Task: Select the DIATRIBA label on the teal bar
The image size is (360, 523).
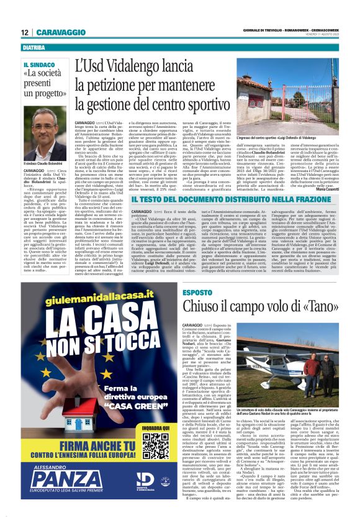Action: tap(35, 47)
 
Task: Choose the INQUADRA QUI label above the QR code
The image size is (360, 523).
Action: tap(155, 428)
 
